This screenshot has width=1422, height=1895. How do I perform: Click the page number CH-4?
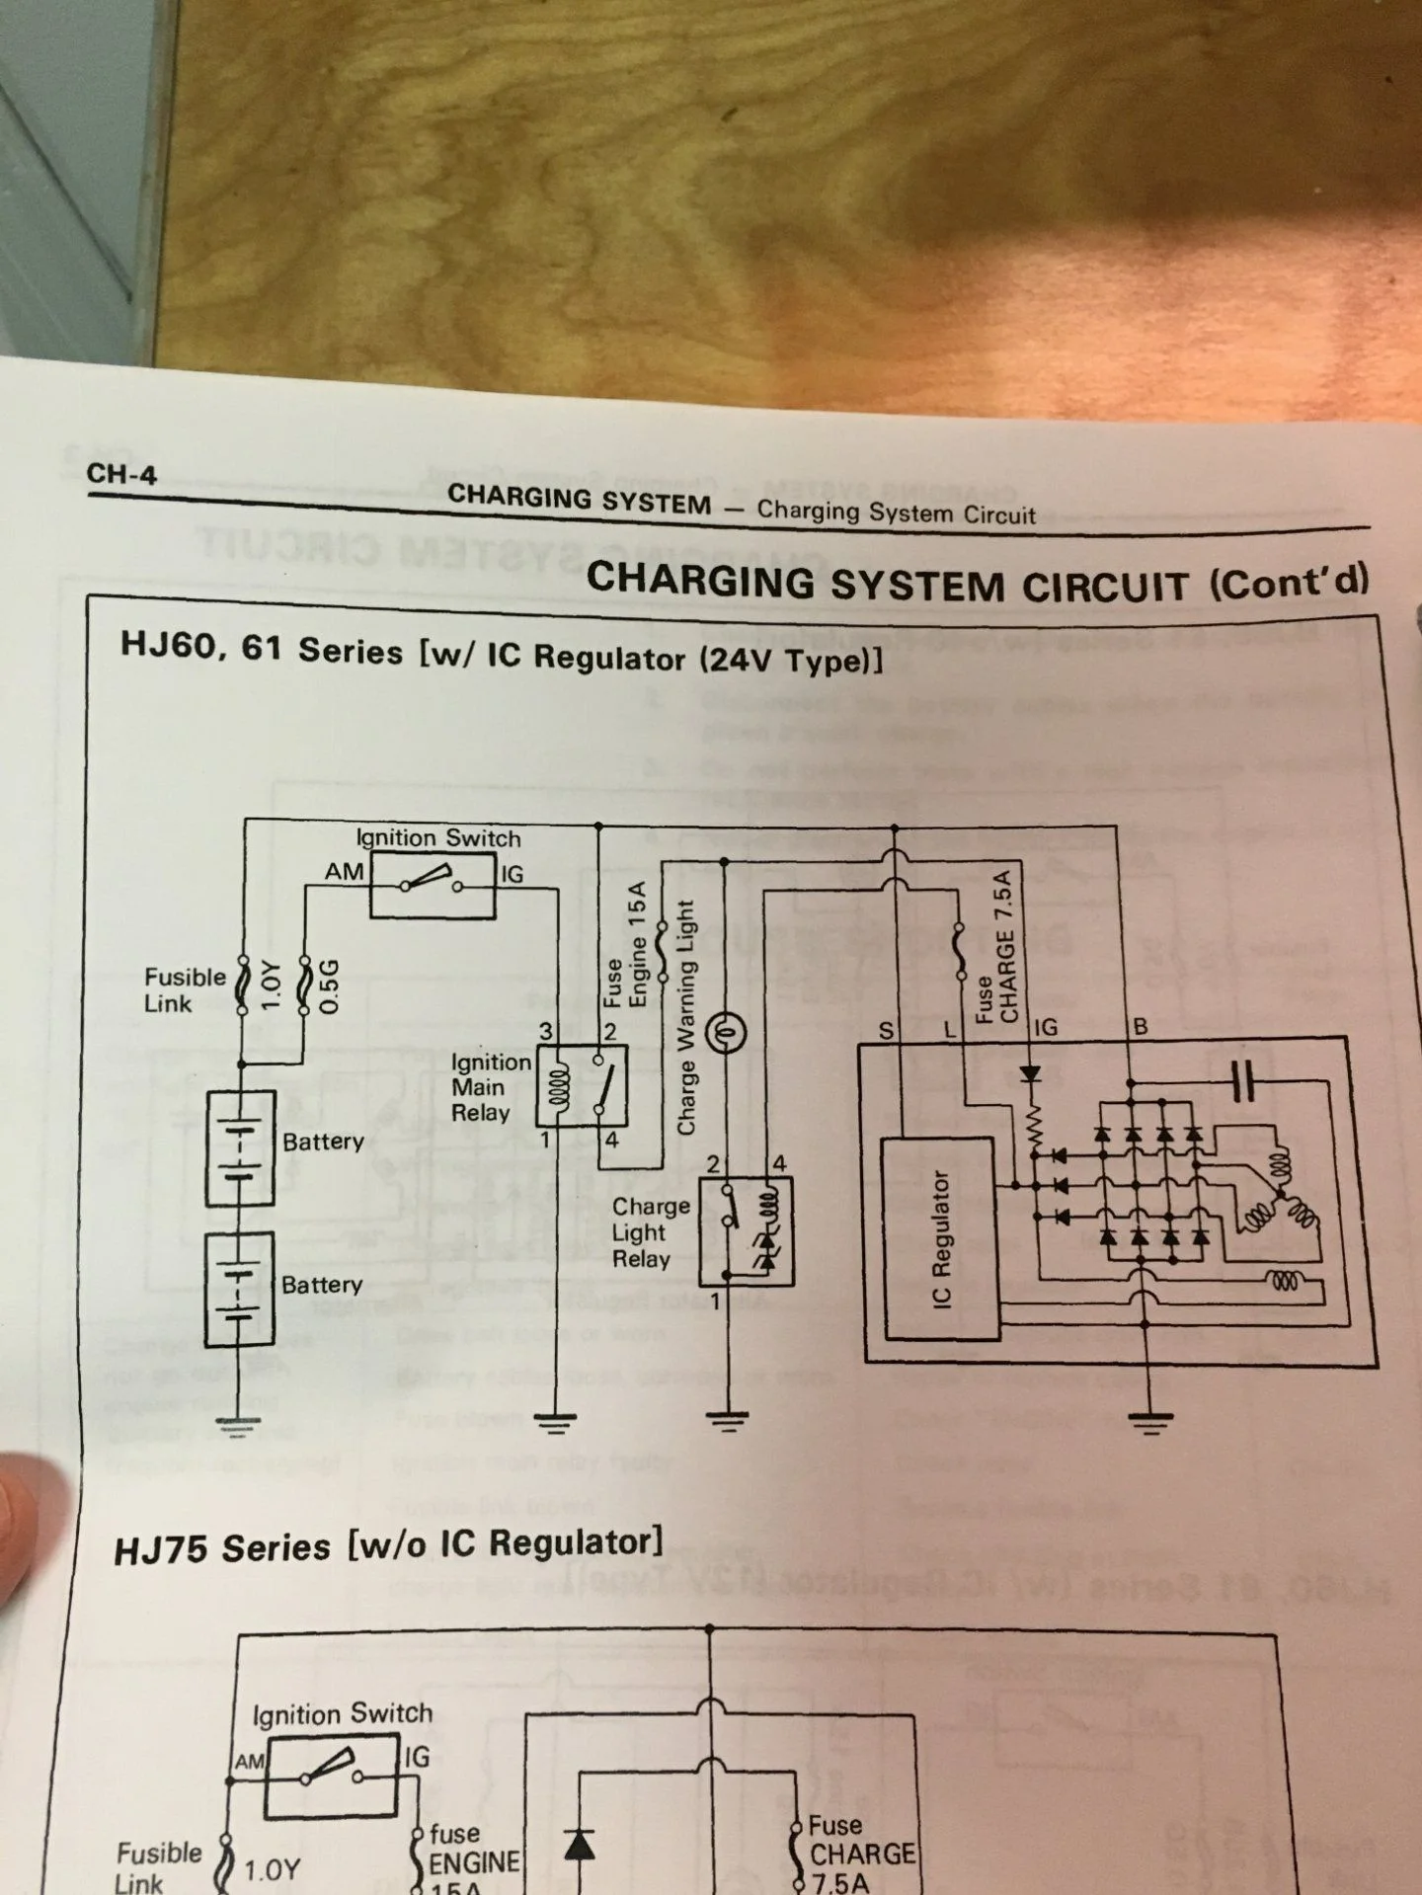[x=121, y=474]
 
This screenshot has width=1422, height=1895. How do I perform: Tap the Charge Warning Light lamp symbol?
[x=728, y=1034]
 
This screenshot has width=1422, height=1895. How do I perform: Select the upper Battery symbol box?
[x=240, y=1147]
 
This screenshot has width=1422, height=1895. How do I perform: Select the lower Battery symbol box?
[x=240, y=1289]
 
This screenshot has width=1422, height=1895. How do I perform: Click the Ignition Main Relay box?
[x=582, y=1085]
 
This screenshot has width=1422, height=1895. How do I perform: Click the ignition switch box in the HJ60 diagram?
[x=433, y=885]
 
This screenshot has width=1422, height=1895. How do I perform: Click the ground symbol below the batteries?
[x=239, y=1424]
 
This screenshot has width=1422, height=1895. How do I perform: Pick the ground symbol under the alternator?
[x=1148, y=1422]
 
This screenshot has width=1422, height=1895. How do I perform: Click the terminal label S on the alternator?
[x=886, y=1030]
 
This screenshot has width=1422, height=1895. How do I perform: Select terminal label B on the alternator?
[x=1141, y=1027]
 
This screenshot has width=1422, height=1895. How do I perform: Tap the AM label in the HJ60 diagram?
[x=344, y=872]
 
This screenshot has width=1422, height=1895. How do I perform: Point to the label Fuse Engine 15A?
[x=625, y=945]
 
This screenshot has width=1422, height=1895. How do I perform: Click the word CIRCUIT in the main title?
[x=1105, y=585]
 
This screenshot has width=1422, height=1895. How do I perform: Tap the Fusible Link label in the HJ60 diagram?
[x=184, y=989]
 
